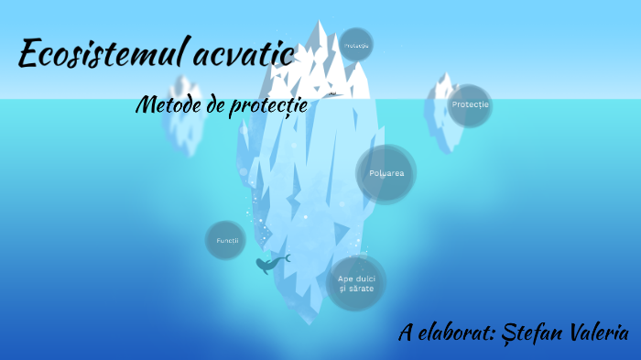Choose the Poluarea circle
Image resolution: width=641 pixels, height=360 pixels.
click(x=386, y=173)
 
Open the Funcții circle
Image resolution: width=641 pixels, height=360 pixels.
click(x=226, y=240)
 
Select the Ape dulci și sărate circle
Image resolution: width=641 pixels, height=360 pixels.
click(x=356, y=282)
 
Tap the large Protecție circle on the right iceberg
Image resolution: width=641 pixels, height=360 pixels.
click(x=470, y=105)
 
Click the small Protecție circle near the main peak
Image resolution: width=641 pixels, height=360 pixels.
click(x=355, y=44)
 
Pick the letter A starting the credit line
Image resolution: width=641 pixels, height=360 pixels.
click(x=406, y=333)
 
